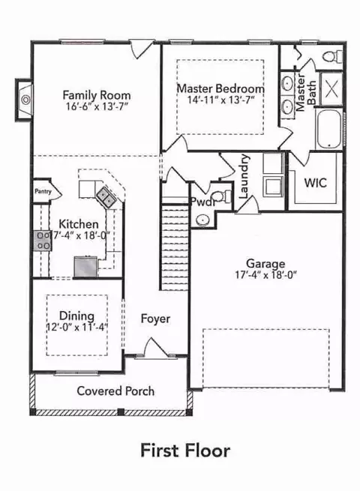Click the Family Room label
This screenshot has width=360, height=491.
(x=97, y=95)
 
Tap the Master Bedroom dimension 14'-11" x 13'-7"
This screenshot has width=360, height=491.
(x=220, y=100)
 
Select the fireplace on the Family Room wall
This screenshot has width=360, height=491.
(x=24, y=100)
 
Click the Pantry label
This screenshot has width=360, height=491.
(x=43, y=191)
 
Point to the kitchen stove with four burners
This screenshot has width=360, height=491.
(x=43, y=241)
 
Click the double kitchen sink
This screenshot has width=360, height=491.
(x=105, y=197)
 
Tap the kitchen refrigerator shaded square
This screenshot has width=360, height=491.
(x=85, y=267)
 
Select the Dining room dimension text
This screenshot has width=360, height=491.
(x=77, y=328)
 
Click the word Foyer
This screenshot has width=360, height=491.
(x=155, y=319)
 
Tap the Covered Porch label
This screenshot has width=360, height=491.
(x=115, y=391)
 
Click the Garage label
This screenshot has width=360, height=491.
(x=265, y=264)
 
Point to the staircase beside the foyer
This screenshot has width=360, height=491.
(x=174, y=247)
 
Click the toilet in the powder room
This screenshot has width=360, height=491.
(x=222, y=196)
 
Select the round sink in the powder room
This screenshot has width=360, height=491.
(x=202, y=220)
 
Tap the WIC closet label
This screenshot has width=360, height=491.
(x=315, y=183)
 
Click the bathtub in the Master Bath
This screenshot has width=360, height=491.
(x=328, y=128)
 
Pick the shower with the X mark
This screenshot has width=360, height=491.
(x=331, y=89)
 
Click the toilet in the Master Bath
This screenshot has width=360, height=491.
(x=333, y=57)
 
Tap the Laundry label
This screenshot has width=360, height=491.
(x=244, y=176)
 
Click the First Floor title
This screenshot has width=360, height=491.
(x=185, y=451)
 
